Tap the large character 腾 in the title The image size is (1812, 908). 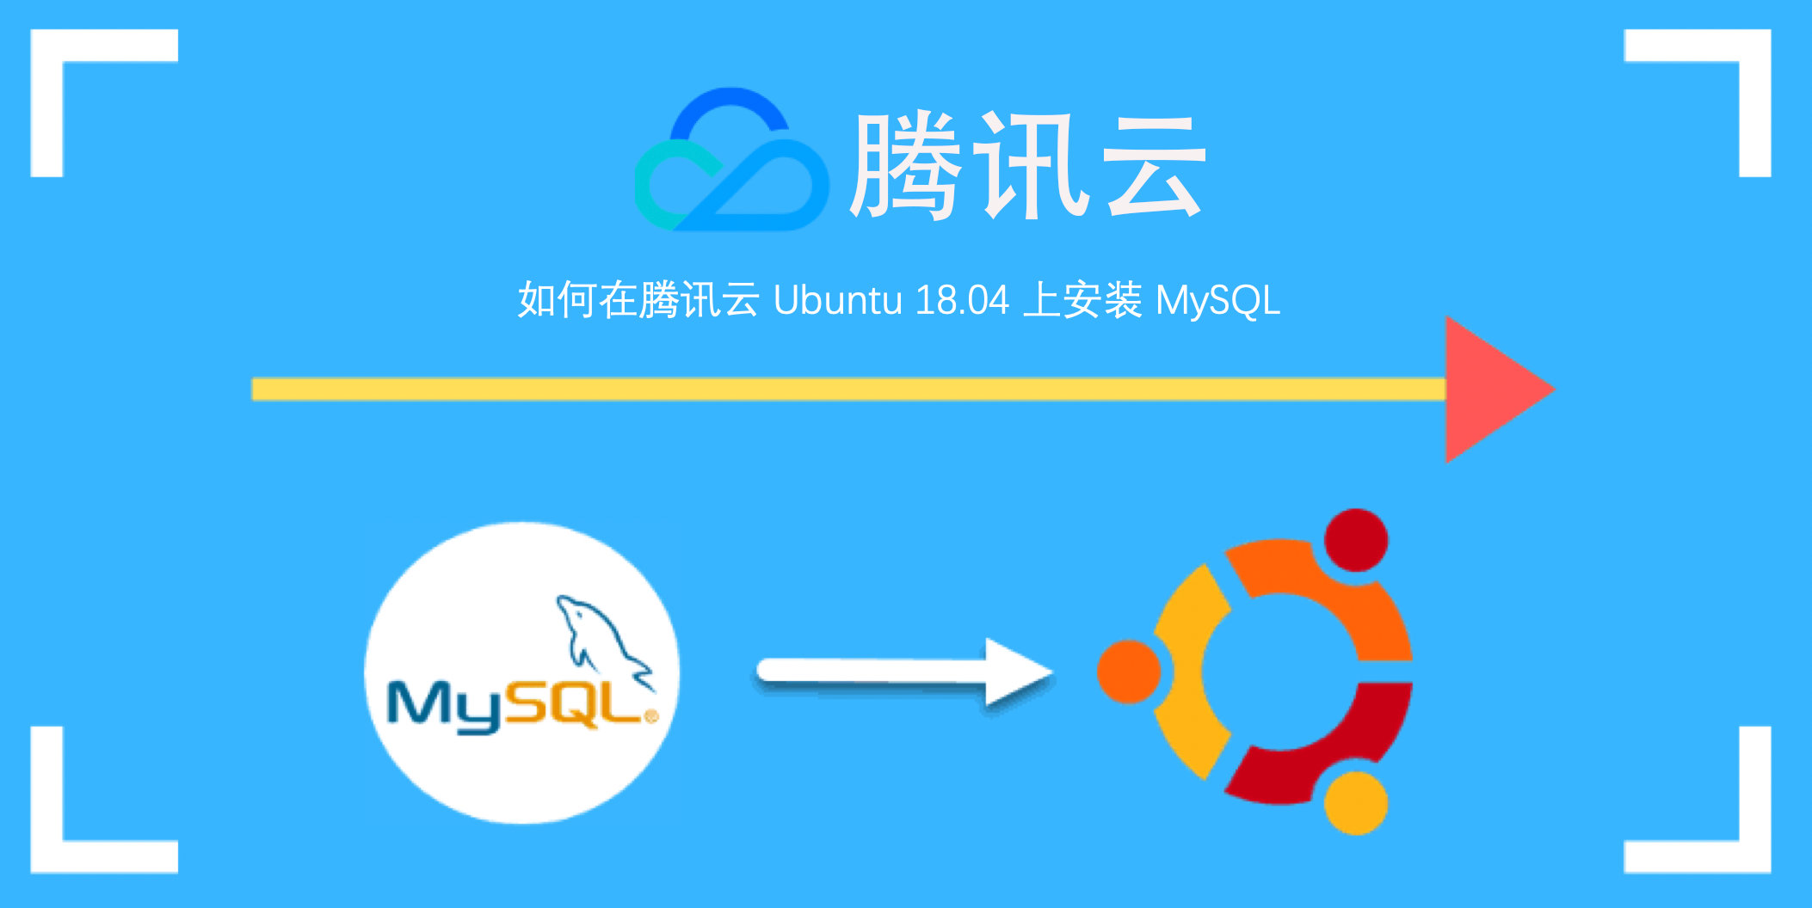coord(906,165)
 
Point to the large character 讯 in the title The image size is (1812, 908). coord(1031,165)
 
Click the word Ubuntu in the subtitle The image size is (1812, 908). coord(837,301)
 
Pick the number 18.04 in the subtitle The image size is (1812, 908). coord(962,301)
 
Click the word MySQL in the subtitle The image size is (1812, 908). coord(1217,301)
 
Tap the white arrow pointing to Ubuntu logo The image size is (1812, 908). coord(903,672)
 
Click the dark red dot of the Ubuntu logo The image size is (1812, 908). coord(1355,540)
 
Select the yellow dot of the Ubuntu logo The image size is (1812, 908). coord(1355,803)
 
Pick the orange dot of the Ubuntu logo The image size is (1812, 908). coord(1128,672)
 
